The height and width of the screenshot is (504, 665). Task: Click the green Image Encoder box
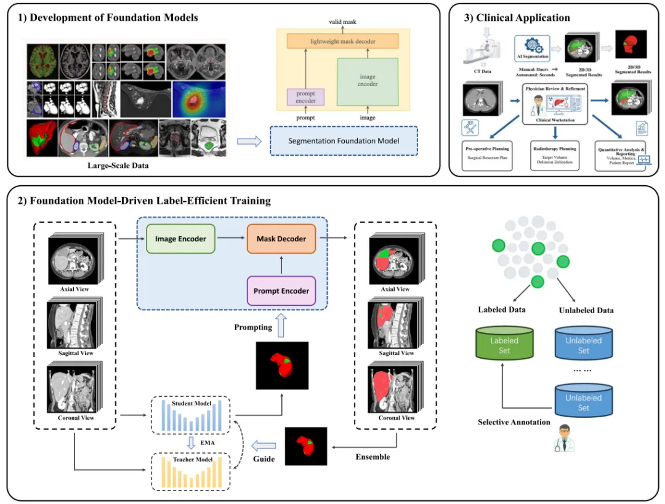[x=180, y=239]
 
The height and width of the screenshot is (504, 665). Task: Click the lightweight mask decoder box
[x=342, y=41]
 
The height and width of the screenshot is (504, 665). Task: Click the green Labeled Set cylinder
[x=504, y=345]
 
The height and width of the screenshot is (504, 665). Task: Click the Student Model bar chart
[x=190, y=416]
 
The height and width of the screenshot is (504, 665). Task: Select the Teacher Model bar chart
[x=190, y=471]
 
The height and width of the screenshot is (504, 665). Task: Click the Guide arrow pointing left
[x=265, y=446]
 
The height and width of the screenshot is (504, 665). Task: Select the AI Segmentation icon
[x=531, y=47]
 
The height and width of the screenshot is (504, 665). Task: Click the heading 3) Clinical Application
[x=517, y=18]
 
